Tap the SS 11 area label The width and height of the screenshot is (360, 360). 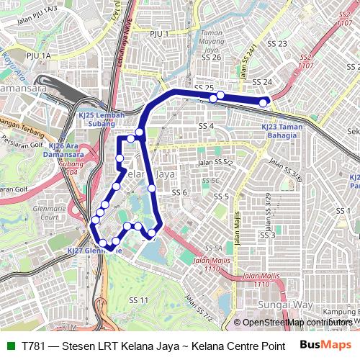tap(138, 300)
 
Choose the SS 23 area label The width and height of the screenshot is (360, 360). tap(278, 44)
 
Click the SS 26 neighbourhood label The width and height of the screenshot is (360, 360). tap(211, 57)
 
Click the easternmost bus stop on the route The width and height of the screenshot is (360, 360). tap(264, 103)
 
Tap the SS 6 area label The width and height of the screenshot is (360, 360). tap(179, 192)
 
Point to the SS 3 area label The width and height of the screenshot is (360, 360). tap(268, 235)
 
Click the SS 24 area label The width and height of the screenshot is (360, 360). tap(263, 82)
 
